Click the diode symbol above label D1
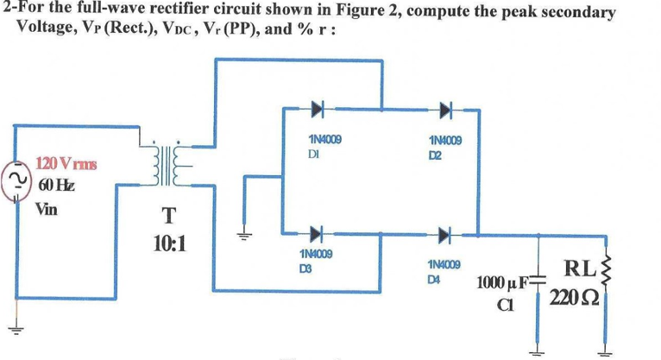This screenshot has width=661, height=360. pyautogui.click(x=317, y=110)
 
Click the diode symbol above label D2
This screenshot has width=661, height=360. pyautogui.click(x=444, y=110)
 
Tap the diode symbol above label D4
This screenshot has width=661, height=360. pyautogui.click(x=444, y=234)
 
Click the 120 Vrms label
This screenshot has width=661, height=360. pyautogui.click(x=66, y=163)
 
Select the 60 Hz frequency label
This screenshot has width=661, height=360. pyautogui.click(x=56, y=185)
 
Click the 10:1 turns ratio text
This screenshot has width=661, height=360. pyautogui.click(x=167, y=243)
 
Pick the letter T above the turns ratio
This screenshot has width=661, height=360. pyautogui.click(x=166, y=215)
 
